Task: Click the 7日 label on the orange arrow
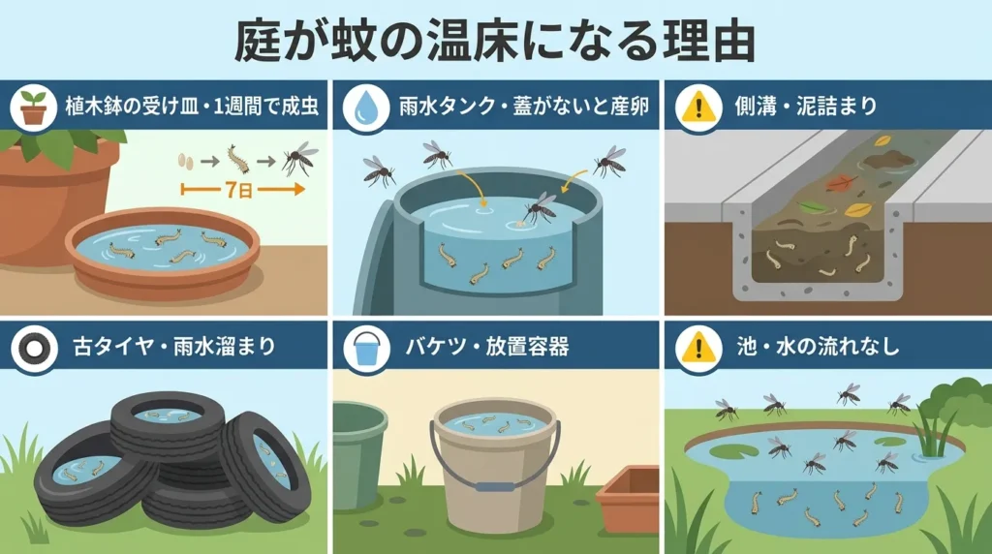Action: click(x=233, y=192)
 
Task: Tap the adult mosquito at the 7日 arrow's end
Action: click(x=299, y=157)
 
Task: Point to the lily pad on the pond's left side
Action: click(x=726, y=451)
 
